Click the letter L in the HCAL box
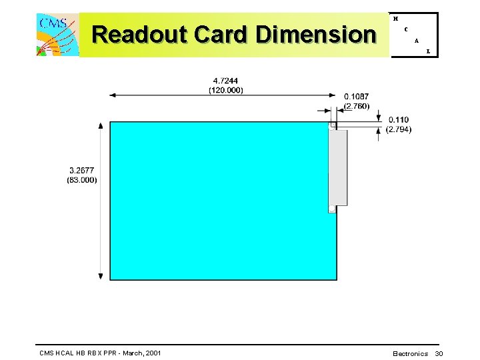pyautogui.click(x=428, y=51)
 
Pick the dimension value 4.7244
pyautogui.click(x=225, y=81)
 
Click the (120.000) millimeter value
pyautogui.click(x=225, y=90)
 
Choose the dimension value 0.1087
pyautogui.click(x=357, y=97)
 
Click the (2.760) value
pyautogui.click(x=357, y=105)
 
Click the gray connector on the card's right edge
pyautogui.click(x=338, y=167)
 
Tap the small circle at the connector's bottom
pyautogui.click(x=331, y=209)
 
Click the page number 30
pyautogui.click(x=439, y=353)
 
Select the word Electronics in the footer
pyautogui.click(x=411, y=353)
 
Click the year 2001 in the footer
pyautogui.click(x=152, y=352)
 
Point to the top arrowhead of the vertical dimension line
pyautogui.click(x=101, y=125)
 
